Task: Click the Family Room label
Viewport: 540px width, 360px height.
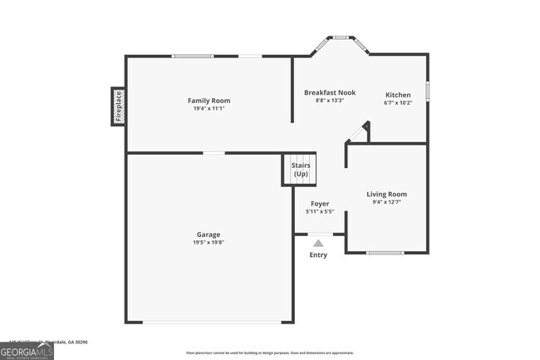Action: pyautogui.click(x=209, y=101)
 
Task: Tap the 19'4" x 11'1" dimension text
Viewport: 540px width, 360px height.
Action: pyautogui.click(x=209, y=109)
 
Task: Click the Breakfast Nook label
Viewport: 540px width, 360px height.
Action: pyautogui.click(x=329, y=92)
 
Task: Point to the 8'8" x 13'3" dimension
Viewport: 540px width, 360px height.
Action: pyautogui.click(x=329, y=101)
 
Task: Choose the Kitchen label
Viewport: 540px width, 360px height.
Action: pyautogui.click(x=397, y=95)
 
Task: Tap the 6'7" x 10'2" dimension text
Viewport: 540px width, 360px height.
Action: pyautogui.click(x=397, y=103)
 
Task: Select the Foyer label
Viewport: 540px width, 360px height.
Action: pyautogui.click(x=320, y=204)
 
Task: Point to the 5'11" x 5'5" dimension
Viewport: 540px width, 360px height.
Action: pyautogui.click(x=320, y=212)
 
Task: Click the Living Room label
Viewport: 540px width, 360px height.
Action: pyautogui.click(x=386, y=194)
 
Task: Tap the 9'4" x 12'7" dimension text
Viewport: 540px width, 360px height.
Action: pyautogui.click(x=386, y=202)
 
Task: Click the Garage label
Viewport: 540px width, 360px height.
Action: pyautogui.click(x=209, y=234)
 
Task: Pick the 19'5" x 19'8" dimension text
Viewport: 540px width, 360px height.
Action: pyautogui.click(x=209, y=243)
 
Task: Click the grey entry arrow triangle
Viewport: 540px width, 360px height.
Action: pyautogui.click(x=318, y=243)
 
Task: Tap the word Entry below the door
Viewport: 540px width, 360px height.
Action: pyautogui.click(x=318, y=254)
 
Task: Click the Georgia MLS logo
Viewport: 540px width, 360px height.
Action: pyautogui.click(x=27, y=351)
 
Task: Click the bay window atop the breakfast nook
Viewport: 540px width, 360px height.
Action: pyautogui.click(x=340, y=37)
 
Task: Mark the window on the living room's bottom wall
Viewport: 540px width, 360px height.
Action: pyautogui.click(x=385, y=252)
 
